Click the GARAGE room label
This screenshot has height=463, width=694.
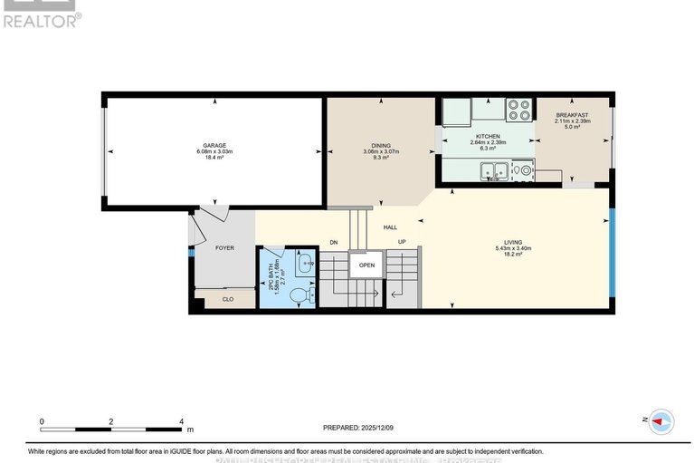(214, 145)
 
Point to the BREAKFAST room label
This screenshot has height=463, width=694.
(571, 115)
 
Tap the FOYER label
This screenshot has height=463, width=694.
(224, 247)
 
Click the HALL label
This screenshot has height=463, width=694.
(390, 227)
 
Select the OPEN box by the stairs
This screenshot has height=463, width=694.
(366, 265)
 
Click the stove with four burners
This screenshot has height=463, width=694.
(518, 109)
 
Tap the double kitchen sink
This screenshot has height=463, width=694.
(494, 169)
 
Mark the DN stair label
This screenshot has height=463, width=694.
(333, 242)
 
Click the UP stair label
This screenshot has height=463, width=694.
(402, 242)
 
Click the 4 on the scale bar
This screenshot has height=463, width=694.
(182, 422)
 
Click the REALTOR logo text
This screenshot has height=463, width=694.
(40, 20)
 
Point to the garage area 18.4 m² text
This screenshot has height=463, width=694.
(214, 158)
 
